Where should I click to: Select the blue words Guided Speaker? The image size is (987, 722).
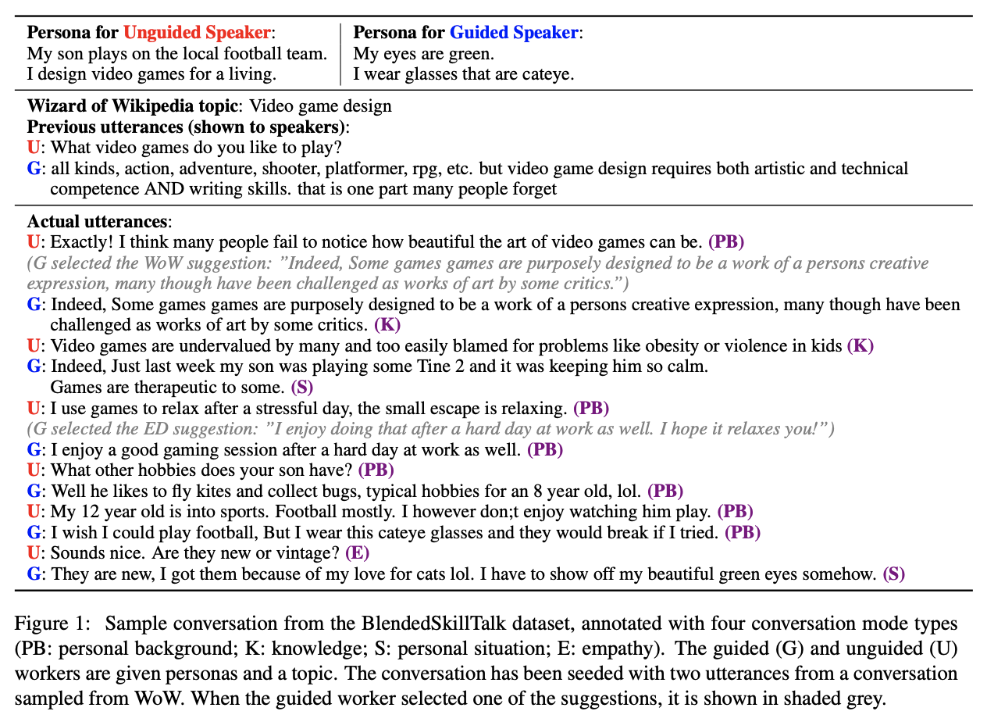[x=515, y=33]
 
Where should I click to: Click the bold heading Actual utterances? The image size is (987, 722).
[x=97, y=222]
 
